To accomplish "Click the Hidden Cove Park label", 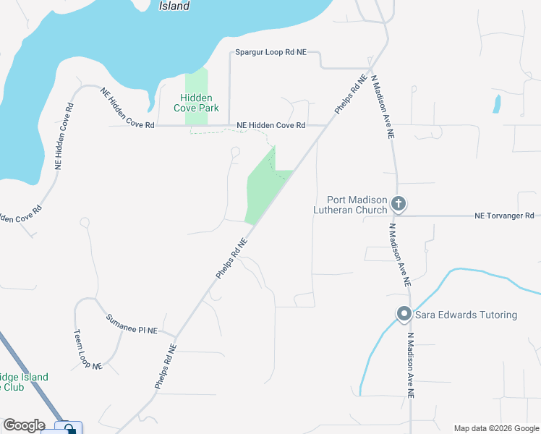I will coord(195,103).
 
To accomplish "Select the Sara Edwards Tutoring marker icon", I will coord(404,314).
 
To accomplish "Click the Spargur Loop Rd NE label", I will coord(271,53).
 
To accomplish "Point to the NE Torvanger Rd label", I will coord(504,216).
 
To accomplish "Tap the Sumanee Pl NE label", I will coord(132,324).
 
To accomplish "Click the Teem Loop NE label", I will coord(88,351).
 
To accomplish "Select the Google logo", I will coord(23,425).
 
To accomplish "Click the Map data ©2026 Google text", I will coord(496,428).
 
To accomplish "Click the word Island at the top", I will coord(174,6).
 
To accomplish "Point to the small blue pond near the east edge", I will coord(496,104).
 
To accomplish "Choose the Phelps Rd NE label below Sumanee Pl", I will coord(166,367).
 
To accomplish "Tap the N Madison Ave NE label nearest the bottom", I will coord(411,365).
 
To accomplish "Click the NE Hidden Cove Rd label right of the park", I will coord(271,125).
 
